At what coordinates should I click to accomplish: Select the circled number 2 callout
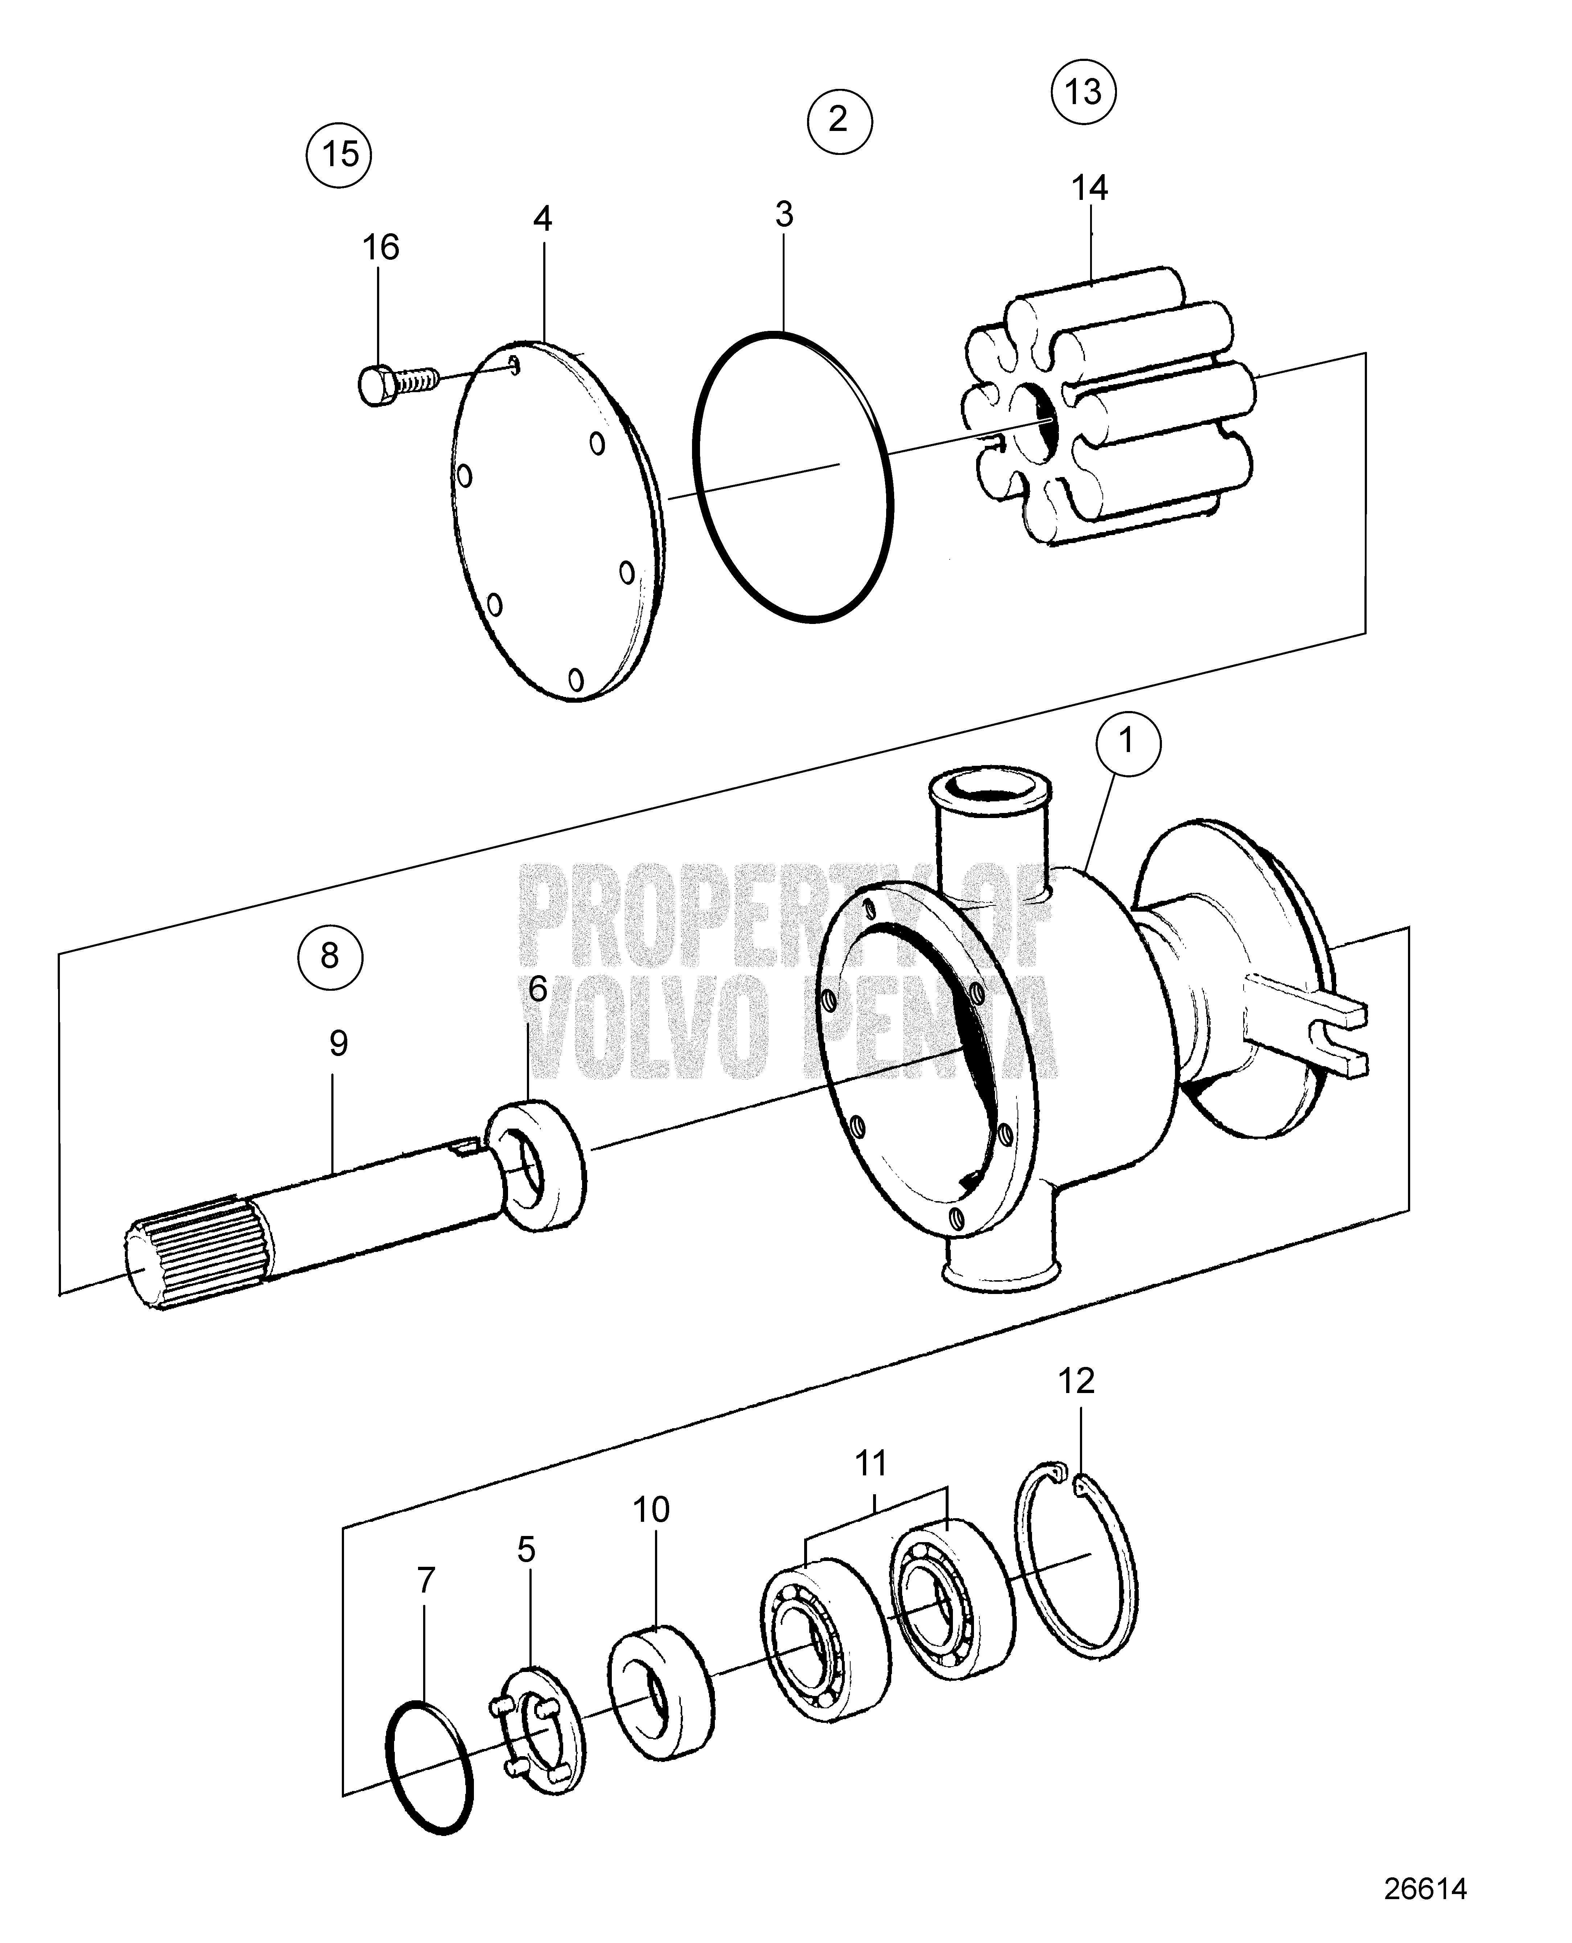coord(839,119)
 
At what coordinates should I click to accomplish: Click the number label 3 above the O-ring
coord(784,215)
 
